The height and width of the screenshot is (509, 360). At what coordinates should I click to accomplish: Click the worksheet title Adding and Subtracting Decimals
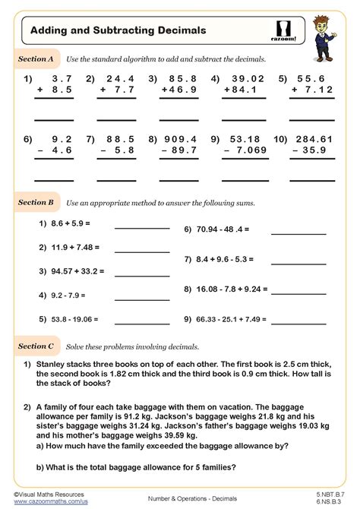point(118,30)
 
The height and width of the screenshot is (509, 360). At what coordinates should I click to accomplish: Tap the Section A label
point(36,58)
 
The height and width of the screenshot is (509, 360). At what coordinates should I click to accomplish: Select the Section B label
point(36,203)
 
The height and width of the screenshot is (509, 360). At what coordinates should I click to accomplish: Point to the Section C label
point(36,346)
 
